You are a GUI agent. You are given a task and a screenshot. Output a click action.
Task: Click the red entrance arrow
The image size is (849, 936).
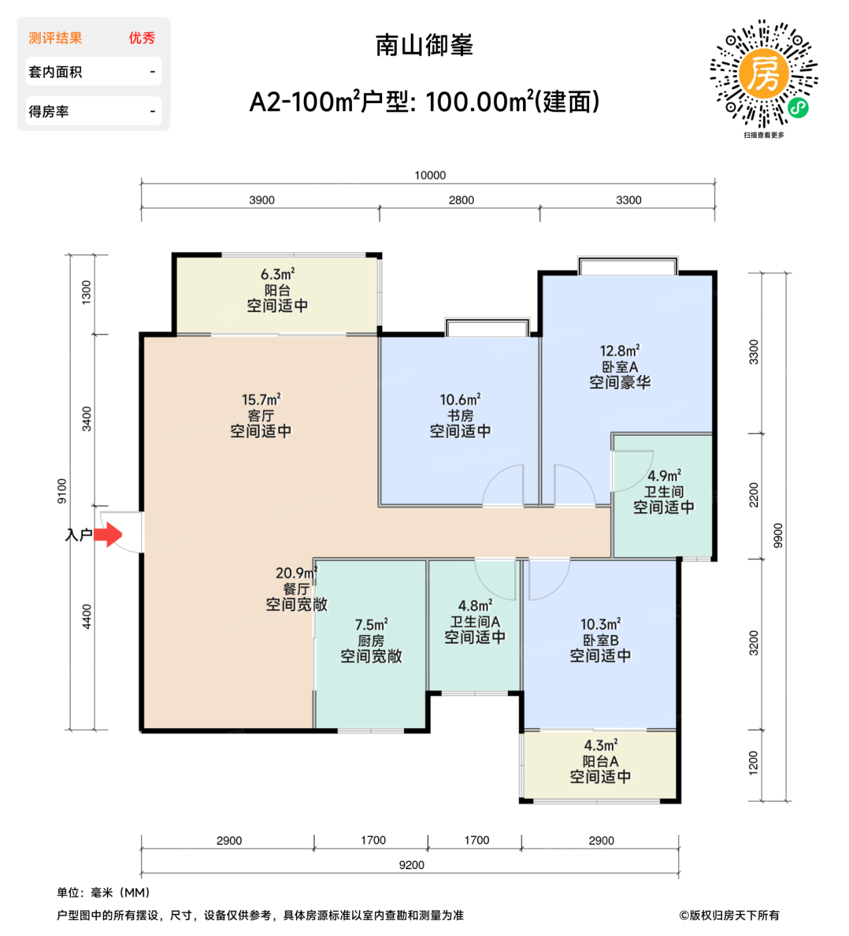(x=108, y=534)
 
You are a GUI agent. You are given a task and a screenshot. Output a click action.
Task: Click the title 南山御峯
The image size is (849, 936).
(x=424, y=45)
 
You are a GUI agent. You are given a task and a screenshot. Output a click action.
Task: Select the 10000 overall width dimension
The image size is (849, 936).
(x=430, y=175)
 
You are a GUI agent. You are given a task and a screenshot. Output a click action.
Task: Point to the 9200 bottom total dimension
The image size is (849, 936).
(x=411, y=864)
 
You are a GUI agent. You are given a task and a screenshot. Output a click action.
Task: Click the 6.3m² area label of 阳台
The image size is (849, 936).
(x=277, y=274)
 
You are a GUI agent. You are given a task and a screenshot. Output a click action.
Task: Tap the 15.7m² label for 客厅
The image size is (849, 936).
(x=261, y=400)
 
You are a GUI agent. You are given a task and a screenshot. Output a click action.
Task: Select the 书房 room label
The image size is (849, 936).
(x=460, y=415)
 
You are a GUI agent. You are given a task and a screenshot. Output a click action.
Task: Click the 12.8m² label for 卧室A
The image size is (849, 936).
(x=619, y=351)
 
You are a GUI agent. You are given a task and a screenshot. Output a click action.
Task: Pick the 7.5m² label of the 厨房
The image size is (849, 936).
(x=371, y=624)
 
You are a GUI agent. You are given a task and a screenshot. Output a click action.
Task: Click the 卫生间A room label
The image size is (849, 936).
(x=475, y=621)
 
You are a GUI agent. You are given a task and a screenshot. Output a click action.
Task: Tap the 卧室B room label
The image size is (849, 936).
(x=601, y=640)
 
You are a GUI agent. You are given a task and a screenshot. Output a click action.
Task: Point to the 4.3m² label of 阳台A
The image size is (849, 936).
(x=601, y=745)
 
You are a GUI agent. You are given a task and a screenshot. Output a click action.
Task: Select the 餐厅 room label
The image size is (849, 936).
(x=297, y=589)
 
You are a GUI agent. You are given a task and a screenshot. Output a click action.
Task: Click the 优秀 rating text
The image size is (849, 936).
(x=142, y=38)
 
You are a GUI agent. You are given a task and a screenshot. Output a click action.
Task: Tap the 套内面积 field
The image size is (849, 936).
(x=94, y=72)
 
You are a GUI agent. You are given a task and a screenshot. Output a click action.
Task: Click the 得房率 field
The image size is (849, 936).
(x=94, y=112)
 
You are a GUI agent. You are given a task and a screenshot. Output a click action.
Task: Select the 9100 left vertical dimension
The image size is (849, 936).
(x=62, y=491)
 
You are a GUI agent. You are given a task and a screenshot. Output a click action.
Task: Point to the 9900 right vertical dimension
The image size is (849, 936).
(x=778, y=536)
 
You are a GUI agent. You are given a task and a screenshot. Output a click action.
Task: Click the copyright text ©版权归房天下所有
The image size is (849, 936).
(x=729, y=915)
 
